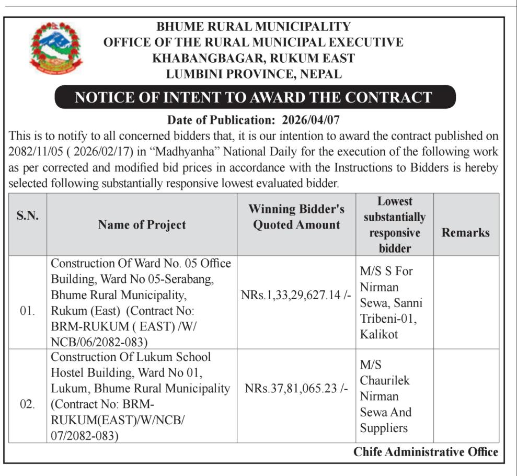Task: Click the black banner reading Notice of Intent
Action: coord(254,97)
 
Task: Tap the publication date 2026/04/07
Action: coord(311,120)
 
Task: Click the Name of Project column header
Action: coord(142,224)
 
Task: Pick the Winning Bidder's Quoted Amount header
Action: coord(296,217)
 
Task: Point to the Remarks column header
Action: coord(465,232)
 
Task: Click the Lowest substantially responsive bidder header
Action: coord(395,224)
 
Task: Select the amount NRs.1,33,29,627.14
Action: coord(296,295)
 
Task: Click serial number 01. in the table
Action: coord(28,311)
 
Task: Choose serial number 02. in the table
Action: coord(28,404)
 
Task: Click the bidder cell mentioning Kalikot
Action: coord(391,302)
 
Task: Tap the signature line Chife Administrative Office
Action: coord(426,452)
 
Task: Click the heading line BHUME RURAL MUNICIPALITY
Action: coord(254,27)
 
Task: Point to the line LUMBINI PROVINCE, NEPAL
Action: coord(254,74)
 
